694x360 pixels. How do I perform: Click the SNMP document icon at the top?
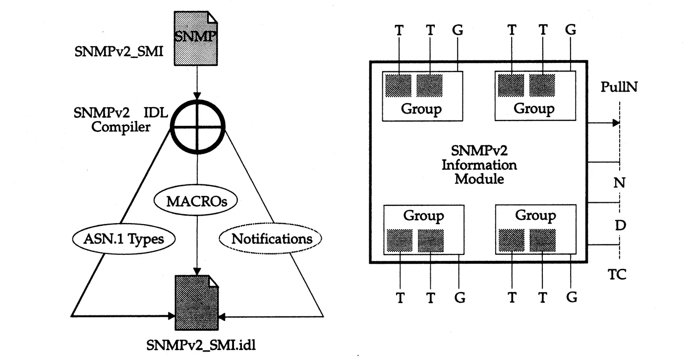click(195, 38)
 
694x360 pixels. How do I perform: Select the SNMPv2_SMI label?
click(118, 52)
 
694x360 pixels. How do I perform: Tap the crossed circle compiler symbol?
click(197, 126)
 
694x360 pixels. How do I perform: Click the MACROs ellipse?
click(196, 201)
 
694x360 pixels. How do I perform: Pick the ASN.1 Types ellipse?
click(124, 239)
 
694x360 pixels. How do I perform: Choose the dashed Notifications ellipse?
click(271, 238)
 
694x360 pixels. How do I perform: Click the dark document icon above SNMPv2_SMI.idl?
click(197, 302)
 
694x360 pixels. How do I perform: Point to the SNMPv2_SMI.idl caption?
click(201, 345)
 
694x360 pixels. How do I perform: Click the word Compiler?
click(121, 127)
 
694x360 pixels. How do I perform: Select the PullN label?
click(619, 87)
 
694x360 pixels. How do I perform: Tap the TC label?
click(617, 275)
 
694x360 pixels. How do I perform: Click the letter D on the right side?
click(620, 225)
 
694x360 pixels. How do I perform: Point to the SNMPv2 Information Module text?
click(479, 165)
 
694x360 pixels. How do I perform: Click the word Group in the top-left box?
click(421, 109)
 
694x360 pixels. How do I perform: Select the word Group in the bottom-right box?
click(535, 216)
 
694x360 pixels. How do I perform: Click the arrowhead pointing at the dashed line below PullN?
click(616, 123)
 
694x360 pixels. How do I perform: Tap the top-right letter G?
click(571, 30)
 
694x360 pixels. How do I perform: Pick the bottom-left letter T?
click(401, 298)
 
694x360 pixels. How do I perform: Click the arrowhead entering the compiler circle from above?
click(197, 96)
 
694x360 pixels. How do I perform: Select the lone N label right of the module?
click(619, 183)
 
